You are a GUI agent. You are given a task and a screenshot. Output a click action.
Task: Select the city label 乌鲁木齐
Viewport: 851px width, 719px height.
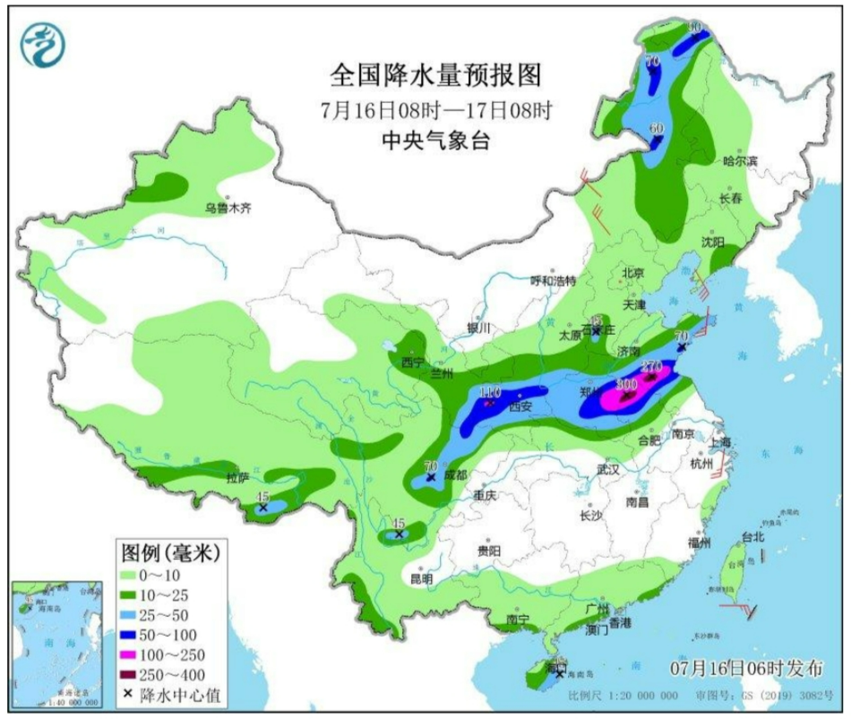tap(227, 208)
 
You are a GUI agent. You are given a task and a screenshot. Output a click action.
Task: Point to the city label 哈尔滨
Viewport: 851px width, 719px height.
tap(740, 161)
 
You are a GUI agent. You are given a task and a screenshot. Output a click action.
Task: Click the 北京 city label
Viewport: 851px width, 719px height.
tap(633, 271)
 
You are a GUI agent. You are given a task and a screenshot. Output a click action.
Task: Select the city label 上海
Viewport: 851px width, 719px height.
tap(719, 443)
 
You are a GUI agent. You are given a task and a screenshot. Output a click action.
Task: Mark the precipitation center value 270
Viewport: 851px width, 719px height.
tap(651, 366)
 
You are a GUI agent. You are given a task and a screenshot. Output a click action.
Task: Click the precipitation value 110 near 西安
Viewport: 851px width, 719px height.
tap(489, 393)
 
